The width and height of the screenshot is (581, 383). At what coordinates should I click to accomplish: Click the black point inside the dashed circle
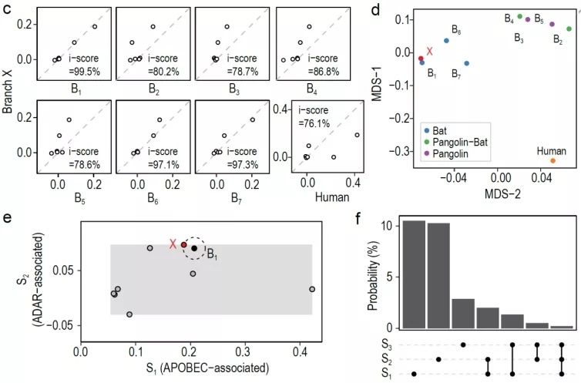tap(194, 248)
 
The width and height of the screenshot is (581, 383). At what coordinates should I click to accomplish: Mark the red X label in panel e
tap(173, 244)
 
